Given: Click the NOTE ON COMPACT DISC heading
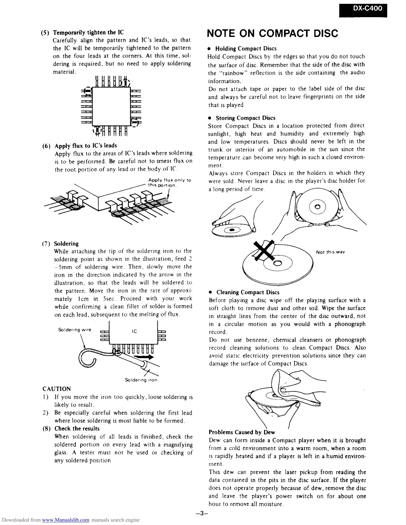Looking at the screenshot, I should pyautogui.click(x=272, y=33).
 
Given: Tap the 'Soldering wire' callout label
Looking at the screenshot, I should pyautogui.click(x=75, y=330).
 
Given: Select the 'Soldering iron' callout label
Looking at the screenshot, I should pyautogui.click(x=141, y=380).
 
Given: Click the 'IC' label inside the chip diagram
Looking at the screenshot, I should pyautogui.click(x=134, y=331).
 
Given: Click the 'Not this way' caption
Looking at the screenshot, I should pyautogui.click(x=330, y=252).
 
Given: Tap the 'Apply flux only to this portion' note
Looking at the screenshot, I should pyautogui.click(x=169, y=182).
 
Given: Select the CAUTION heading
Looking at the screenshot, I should pyautogui.click(x=57, y=389).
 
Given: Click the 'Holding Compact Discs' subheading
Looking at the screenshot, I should pyautogui.click(x=246, y=49).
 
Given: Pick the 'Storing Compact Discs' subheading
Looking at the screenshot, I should pyautogui.click(x=245, y=118).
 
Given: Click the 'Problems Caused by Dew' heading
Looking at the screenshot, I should pyautogui.click(x=242, y=432).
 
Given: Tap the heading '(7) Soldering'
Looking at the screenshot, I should pyautogui.click(x=66, y=244).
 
